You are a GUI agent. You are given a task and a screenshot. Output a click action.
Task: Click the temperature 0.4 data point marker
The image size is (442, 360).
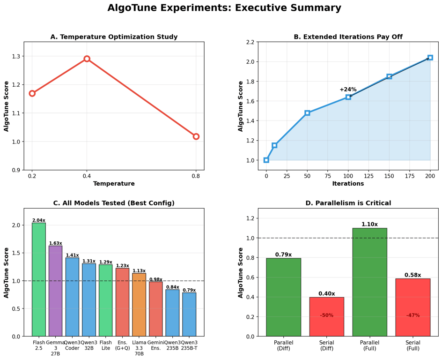[87, 59]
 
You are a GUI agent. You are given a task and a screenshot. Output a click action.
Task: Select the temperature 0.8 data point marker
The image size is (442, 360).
[196, 136]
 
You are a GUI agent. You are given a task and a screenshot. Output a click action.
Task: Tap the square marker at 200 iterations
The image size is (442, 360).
[430, 58]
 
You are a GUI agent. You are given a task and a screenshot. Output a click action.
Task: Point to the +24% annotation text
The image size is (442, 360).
[348, 90]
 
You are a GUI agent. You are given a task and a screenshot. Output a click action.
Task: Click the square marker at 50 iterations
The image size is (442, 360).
[307, 113]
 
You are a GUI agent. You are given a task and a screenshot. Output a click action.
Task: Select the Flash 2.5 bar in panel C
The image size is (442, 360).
[39, 279]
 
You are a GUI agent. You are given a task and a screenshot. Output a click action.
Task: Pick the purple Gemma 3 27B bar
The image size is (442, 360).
[55, 291]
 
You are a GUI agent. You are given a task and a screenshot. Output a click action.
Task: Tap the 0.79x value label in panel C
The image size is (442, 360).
[189, 290]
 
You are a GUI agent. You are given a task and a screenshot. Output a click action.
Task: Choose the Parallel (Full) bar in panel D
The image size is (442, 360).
[369, 282]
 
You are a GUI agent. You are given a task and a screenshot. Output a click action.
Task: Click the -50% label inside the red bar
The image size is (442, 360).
[326, 315]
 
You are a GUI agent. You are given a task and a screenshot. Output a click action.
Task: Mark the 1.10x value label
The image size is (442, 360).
[369, 225]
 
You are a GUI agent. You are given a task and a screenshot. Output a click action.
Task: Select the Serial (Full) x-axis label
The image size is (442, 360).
[413, 345]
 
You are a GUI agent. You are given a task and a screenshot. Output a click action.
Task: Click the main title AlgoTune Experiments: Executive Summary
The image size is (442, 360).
[231, 8]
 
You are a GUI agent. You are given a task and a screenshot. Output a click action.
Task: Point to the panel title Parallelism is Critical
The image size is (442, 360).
[348, 203]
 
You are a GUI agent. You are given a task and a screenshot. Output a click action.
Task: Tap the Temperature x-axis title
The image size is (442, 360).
[114, 184]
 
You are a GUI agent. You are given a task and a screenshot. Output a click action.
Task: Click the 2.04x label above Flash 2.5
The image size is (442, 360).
[39, 220]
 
